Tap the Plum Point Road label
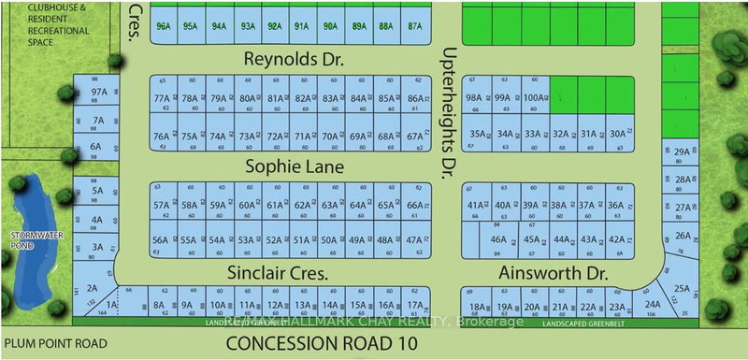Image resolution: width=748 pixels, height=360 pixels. pyautogui.click(x=53, y=343)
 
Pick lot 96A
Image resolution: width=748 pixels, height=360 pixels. pyautogui.click(x=165, y=27)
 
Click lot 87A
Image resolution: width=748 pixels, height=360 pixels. pyautogui.click(x=415, y=27)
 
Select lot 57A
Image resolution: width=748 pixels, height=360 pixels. pyautogui.click(x=162, y=205)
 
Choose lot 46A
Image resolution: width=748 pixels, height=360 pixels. pyautogui.click(x=498, y=239)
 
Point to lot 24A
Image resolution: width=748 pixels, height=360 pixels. pyautogui.click(x=653, y=304)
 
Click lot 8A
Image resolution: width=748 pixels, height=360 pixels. pyautogui.click(x=159, y=305)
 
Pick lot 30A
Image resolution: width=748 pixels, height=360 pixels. pyautogui.click(x=617, y=134)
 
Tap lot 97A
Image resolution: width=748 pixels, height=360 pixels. pyautogui.click(x=98, y=94)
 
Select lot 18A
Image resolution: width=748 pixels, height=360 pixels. pyautogui.click(x=477, y=308)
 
